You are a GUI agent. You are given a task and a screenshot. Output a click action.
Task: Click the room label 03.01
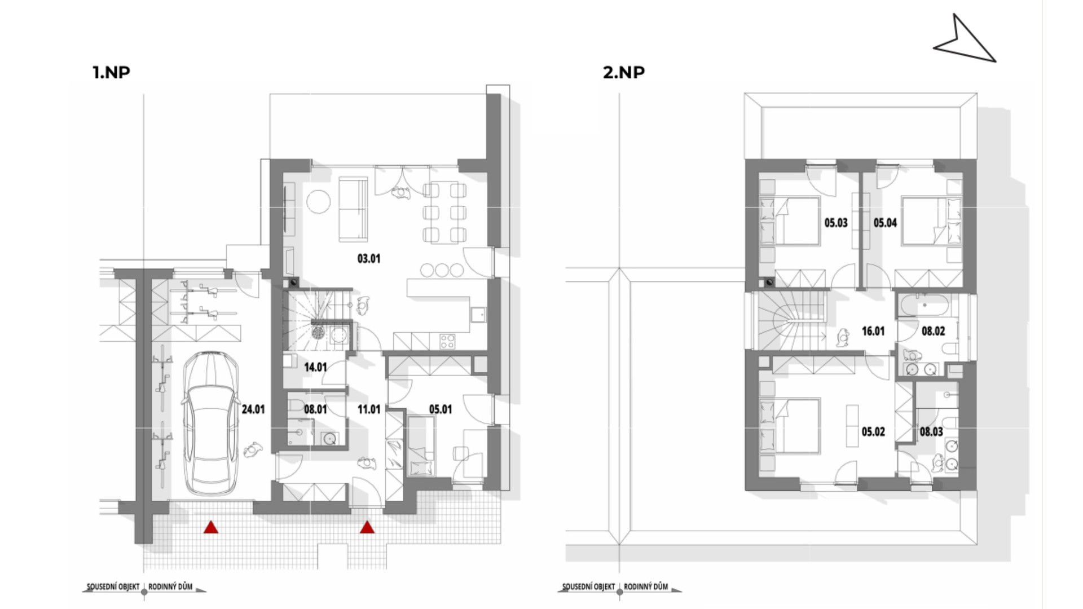[369, 259]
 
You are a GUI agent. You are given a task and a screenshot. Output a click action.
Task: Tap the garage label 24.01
[253, 409]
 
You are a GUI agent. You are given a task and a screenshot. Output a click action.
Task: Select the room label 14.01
[315, 368]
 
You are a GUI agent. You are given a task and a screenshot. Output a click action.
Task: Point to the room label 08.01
[315, 409]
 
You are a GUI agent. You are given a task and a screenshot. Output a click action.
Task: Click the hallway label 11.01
[369, 409]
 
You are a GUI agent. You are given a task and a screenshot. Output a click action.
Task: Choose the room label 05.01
[441, 409]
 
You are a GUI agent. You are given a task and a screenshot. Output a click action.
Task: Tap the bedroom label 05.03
[836, 223]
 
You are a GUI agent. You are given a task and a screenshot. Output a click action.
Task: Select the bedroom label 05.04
[885, 223]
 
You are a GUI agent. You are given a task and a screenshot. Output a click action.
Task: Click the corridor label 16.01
[873, 332]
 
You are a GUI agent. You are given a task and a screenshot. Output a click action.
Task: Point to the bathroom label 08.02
[933, 332]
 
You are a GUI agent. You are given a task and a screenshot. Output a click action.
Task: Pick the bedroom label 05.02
[873, 432]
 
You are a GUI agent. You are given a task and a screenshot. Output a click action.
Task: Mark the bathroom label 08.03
[931, 432]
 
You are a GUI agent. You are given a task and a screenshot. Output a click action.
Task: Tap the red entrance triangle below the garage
[211, 528]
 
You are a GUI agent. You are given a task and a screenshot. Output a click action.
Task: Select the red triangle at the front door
[367, 528]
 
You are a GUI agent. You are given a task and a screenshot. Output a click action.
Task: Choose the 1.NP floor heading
[112, 72]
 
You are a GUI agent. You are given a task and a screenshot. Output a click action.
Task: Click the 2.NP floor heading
[624, 72]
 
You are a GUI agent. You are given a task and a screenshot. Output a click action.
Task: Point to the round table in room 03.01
[319, 201]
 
